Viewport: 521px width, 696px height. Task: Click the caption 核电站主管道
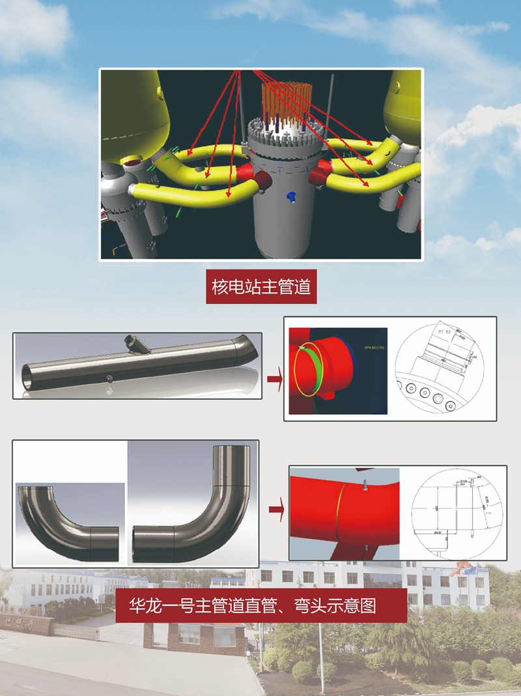click(261, 287)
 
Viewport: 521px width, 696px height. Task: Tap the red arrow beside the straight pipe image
click(274, 378)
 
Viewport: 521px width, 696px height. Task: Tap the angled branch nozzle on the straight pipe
click(137, 343)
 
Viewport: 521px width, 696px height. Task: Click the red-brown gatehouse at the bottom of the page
click(195, 636)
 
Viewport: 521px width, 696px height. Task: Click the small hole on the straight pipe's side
click(109, 378)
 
